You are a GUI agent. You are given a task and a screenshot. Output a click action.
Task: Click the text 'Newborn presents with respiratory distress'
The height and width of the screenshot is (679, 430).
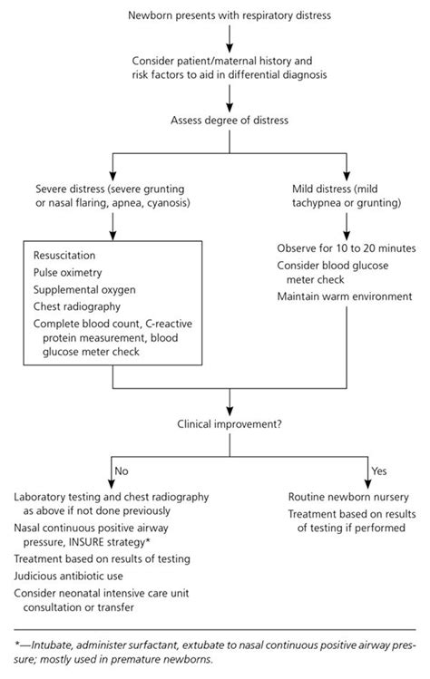[228, 16]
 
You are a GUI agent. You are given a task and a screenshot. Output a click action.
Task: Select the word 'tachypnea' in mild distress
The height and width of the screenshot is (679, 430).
[318, 206]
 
